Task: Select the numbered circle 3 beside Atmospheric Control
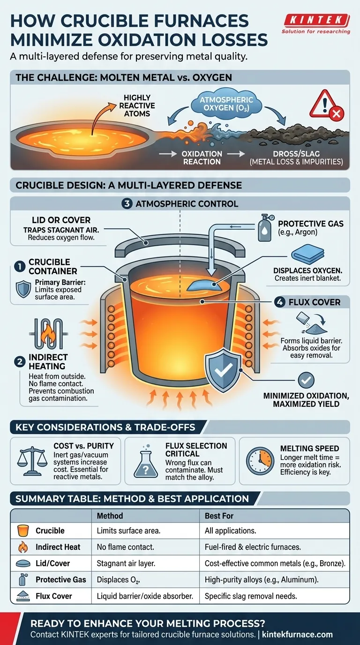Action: (x=127, y=203)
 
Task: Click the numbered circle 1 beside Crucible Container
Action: (x=19, y=266)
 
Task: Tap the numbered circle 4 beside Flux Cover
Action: (x=280, y=302)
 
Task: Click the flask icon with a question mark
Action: (x=146, y=463)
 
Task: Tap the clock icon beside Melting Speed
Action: (x=259, y=461)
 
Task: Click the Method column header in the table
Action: (x=110, y=516)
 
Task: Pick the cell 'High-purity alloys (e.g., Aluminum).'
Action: (x=262, y=579)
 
